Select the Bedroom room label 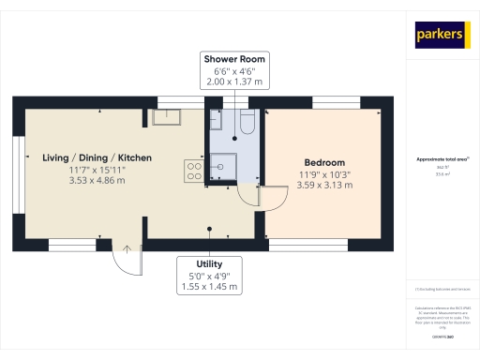click(x=323, y=162)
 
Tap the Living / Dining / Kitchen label click(x=97, y=157)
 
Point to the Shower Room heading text click(x=229, y=58)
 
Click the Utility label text click(x=209, y=264)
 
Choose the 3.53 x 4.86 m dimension click(x=97, y=180)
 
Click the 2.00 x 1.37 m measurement click(x=229, y=82)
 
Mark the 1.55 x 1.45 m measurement click(x=209, y=287)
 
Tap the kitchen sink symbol click(x=166, y=116)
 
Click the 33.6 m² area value click(x=442, y=173)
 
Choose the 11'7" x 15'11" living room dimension click(x=97, y=169)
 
